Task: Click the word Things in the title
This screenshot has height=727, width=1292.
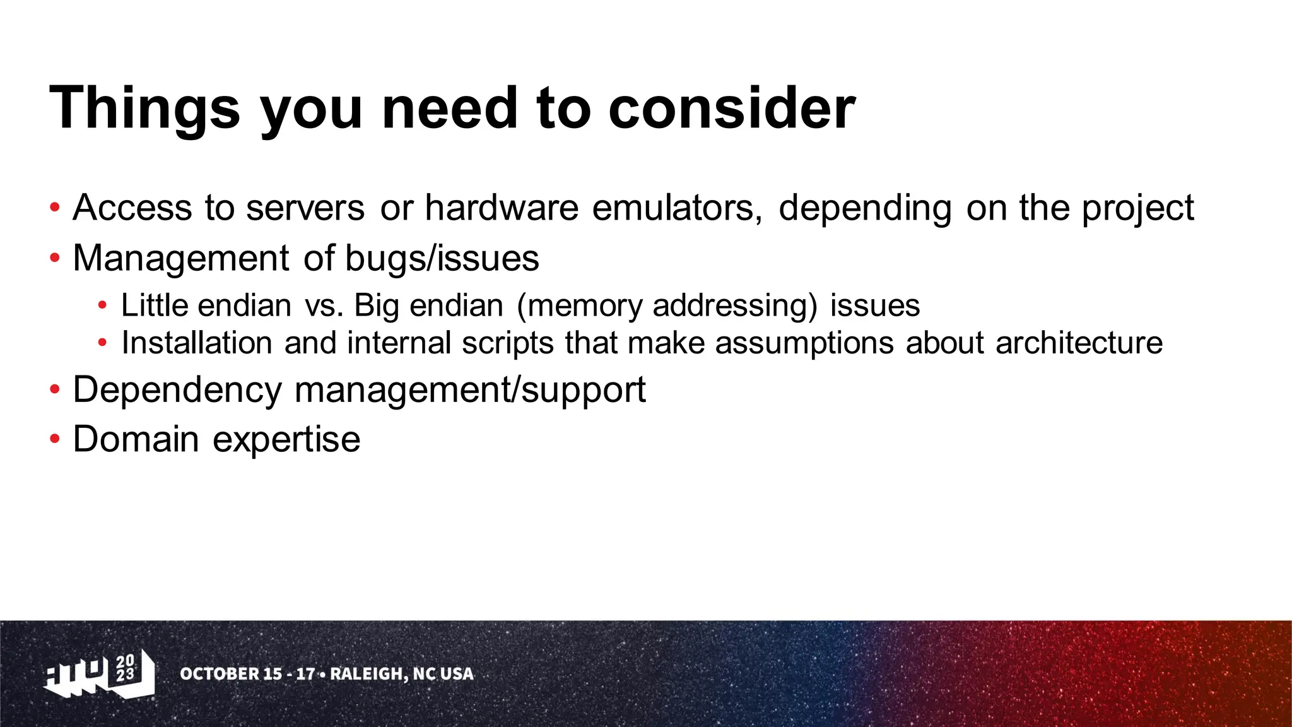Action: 144,109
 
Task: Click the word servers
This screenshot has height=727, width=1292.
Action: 305,208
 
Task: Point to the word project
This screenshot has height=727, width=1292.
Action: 1137,209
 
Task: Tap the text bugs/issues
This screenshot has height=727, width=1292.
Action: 442,258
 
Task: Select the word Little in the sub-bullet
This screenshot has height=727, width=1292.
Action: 155,305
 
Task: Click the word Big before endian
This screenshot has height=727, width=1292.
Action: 376,306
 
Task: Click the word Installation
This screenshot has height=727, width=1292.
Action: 197,343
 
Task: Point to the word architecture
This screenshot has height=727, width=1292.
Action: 1079,343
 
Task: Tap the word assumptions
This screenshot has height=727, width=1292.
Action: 804,344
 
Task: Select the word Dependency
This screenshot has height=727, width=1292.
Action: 177,390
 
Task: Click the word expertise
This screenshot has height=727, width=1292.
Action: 286,439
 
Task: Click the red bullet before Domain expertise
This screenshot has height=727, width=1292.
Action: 55,439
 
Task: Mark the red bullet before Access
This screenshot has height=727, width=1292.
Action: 55,207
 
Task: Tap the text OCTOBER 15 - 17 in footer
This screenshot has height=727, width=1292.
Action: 247,674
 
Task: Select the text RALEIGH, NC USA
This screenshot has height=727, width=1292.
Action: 402,674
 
